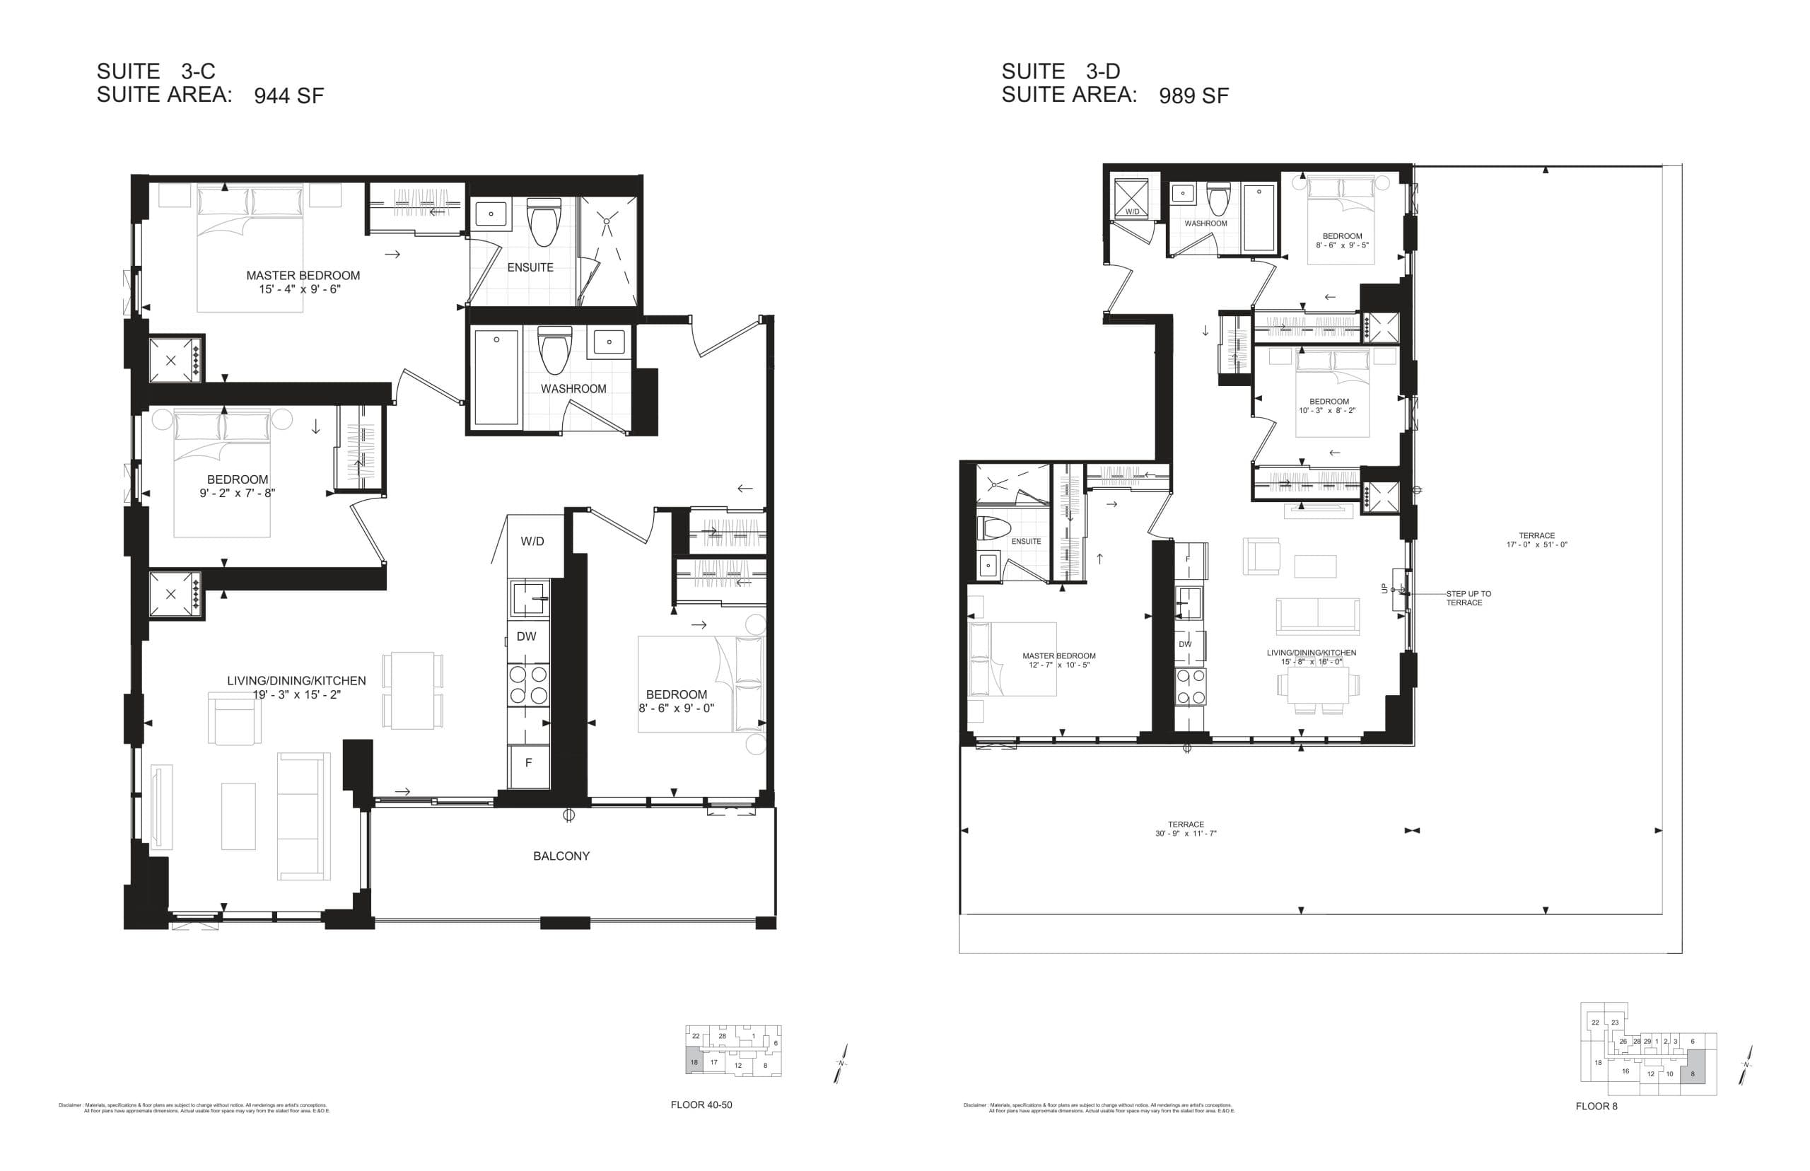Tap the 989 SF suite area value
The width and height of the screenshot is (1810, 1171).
point(1193,95)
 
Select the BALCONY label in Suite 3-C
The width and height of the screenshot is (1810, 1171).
point(561,856)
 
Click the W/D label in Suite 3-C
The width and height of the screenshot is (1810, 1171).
point(532,542)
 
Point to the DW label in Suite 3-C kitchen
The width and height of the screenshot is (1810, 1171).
point(526,636)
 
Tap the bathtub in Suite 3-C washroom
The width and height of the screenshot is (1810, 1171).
point(496,376)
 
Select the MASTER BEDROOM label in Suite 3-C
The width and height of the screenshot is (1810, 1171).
point(303,275)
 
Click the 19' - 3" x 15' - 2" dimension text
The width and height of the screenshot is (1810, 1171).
point(296,695)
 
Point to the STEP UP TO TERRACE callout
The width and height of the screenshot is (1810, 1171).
point(1468,598)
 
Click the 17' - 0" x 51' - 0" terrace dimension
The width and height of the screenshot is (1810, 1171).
point(1536,544)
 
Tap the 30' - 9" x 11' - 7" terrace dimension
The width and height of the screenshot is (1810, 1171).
point(1185,834)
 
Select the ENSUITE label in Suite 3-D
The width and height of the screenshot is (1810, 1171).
point(1025,542)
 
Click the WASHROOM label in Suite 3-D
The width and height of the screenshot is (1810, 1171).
point(1205,223)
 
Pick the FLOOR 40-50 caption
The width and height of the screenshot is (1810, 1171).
point(701,1105)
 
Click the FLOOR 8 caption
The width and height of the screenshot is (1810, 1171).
point(1596,1107)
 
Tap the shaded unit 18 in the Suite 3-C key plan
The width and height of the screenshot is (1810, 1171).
point(694,1062)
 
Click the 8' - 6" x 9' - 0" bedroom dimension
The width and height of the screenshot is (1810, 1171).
point(676,709)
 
